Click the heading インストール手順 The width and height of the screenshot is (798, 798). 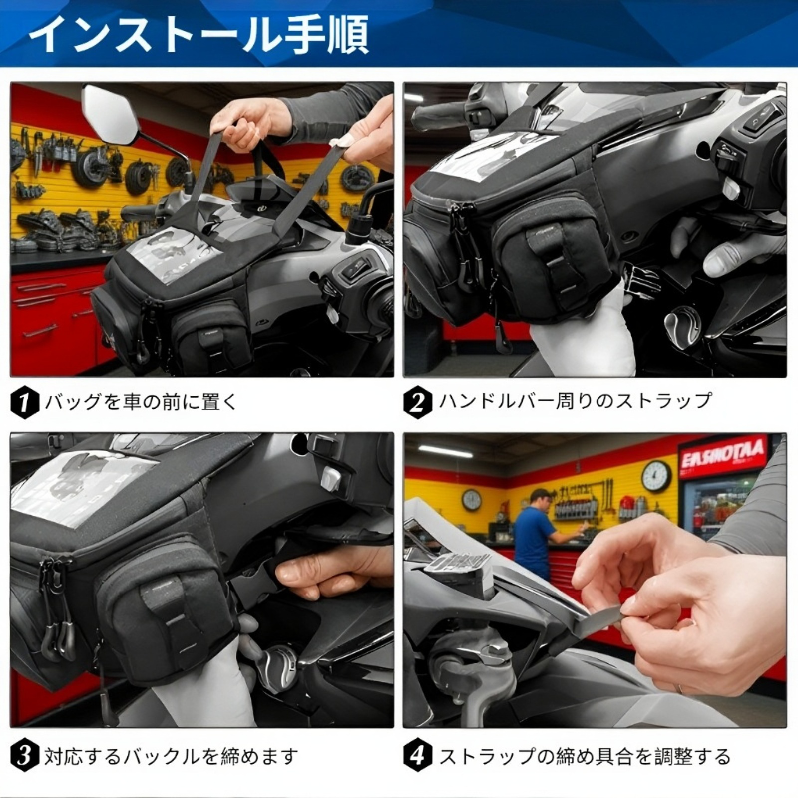click(199, 34)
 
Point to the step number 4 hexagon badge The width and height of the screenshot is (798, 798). click(418, 756)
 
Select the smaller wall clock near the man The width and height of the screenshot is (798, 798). click(471, 499)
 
